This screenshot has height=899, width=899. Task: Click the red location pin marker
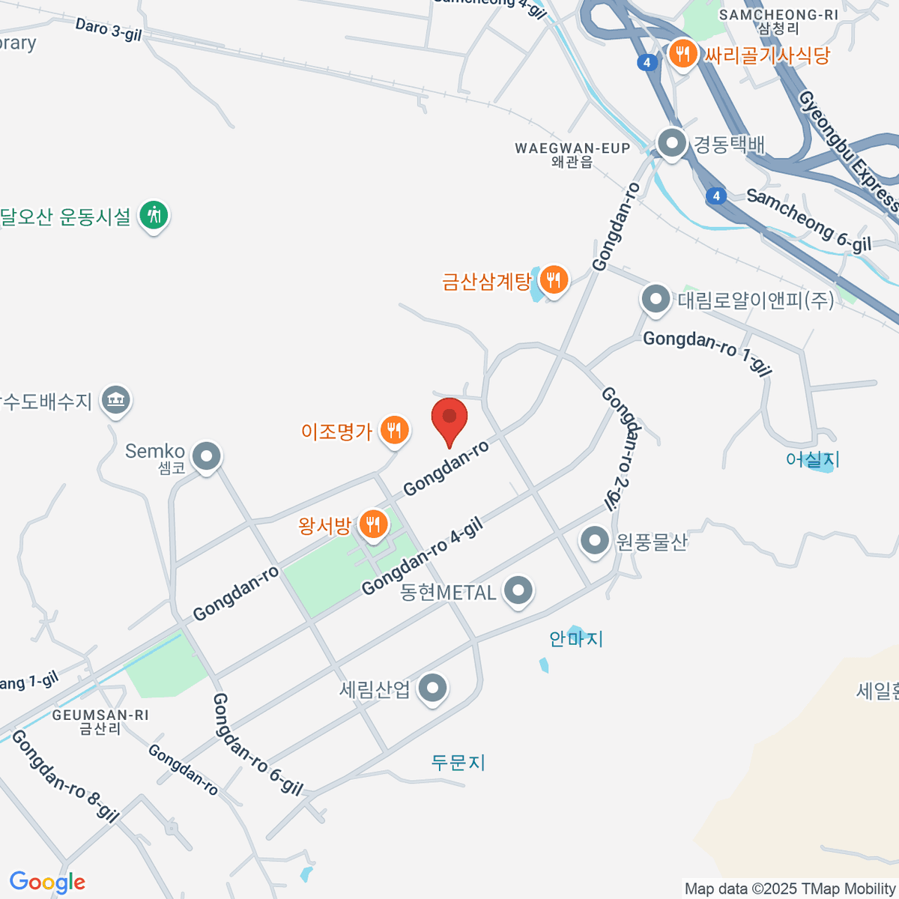449,418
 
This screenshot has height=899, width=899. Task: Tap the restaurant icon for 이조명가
394,430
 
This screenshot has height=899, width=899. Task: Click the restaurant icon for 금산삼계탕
554,280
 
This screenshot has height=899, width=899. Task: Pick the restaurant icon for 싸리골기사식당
682,54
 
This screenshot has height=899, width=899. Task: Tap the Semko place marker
206,455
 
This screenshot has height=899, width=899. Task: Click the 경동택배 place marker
671,142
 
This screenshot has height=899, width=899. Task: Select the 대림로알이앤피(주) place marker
656,299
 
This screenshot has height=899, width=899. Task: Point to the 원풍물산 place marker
595,540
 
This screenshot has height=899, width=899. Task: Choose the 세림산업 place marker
432,688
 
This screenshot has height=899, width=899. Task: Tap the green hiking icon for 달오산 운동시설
154,215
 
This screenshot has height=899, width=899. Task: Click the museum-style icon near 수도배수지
115,399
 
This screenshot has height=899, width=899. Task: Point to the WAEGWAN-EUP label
572,148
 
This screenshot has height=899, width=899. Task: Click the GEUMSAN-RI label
100,715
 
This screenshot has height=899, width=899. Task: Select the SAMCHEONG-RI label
778,14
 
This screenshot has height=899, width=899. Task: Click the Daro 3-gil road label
108,30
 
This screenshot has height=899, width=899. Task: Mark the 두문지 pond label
458,763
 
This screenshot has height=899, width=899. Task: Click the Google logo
47,883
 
